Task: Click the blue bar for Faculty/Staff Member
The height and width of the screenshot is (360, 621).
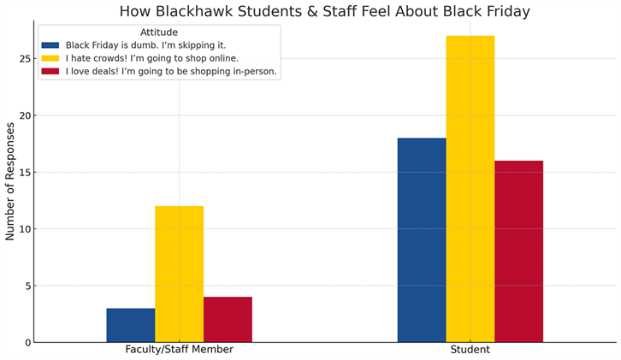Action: (x=131, y=325)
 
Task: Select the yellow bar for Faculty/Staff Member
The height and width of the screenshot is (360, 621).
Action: (x=179, y=274)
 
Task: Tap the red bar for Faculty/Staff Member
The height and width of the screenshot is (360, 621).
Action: (x=228, y=319)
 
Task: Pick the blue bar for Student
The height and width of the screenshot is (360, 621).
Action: (x=422, y=239)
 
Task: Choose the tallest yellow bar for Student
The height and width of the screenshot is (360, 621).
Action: (x=470, y=188)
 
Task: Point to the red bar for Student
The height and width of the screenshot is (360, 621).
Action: (x=518, y=251)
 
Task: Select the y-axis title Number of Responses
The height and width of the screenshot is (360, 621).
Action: (x=10, y=180)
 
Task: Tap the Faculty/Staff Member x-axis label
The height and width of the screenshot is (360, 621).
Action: (x=179, y=350)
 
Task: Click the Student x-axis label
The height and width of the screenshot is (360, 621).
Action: (x=470, y=350)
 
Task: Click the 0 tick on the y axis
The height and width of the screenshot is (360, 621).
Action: (x=28, y=342)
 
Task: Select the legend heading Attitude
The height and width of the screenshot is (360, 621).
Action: (x=159, y=32)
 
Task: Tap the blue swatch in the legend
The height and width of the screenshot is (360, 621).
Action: (x=50, y=45)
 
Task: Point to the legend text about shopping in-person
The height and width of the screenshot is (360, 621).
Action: (x=171, y=71)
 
